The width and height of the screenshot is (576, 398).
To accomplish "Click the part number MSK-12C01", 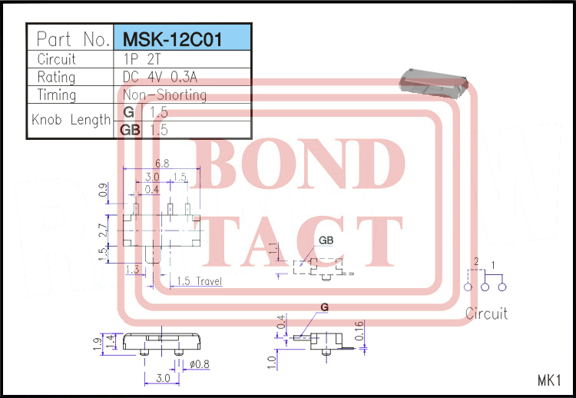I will click(172, 38).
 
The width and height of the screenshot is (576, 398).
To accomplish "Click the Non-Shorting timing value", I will click(164, 95).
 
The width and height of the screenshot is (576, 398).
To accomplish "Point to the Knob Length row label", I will click(71, 121).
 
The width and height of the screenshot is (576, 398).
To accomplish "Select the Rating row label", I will click(57, 77).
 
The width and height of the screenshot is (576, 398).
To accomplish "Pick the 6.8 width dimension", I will click(162, 164).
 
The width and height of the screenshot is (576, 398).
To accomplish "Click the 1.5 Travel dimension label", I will click(198, 281).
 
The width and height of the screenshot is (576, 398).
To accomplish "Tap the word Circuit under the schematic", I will click(486, 313).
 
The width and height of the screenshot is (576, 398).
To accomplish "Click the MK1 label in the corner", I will click(550, 380).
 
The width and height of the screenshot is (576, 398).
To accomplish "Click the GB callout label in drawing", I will click(326, 240).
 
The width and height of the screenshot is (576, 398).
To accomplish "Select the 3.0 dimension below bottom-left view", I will click(161, 379).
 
